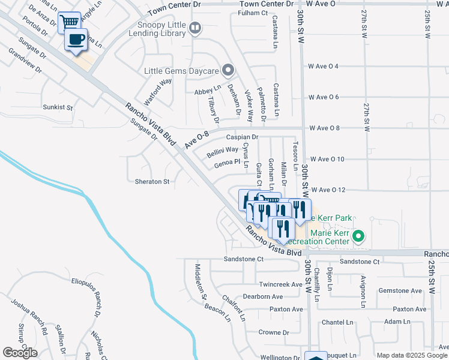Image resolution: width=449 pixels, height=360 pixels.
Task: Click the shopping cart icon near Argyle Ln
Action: coord(70,22)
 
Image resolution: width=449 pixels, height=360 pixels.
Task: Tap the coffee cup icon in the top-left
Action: coord(76,40)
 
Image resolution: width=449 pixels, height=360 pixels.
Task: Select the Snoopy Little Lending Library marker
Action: coord(194,27)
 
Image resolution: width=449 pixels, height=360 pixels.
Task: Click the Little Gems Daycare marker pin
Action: coord(228,71)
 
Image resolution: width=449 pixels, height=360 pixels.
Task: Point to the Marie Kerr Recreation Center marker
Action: coord(358,236)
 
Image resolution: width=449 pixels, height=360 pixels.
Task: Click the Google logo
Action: coord(20,353)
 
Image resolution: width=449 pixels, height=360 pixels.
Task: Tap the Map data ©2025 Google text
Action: coord(412,355)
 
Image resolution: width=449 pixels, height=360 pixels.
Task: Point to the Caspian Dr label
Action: coord(242,137)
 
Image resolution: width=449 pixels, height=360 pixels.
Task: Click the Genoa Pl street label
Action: coord(227,162)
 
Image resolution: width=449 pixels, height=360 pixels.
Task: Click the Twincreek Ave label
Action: coord(280,284)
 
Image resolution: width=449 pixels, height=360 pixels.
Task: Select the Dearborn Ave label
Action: coord(262,296)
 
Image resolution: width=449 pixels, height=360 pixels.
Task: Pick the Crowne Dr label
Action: coord(274,332)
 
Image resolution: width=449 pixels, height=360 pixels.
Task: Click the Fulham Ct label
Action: coord(252,13)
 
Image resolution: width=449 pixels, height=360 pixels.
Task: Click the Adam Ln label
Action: coord(397,322)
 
